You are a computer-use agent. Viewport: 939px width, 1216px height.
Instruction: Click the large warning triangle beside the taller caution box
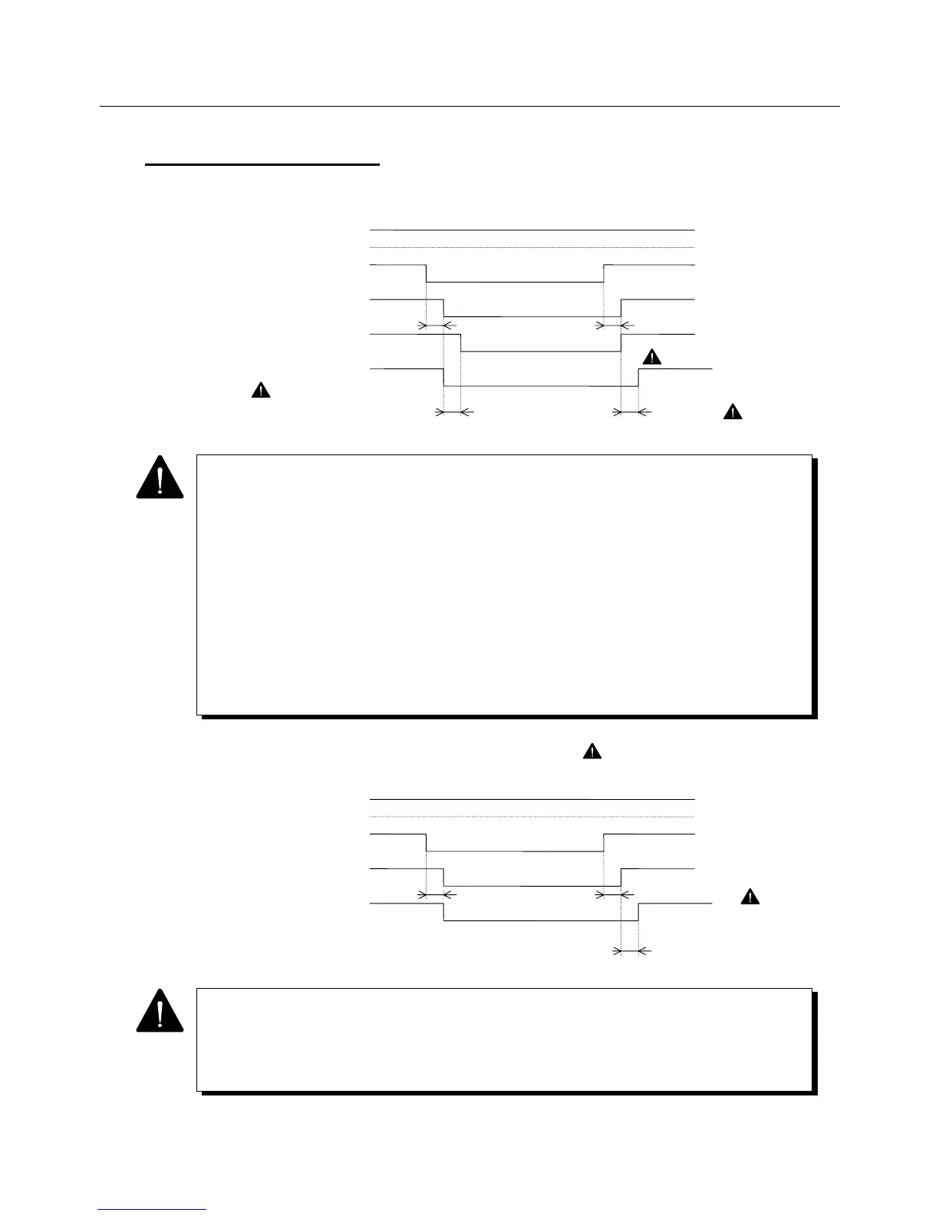(160, 477)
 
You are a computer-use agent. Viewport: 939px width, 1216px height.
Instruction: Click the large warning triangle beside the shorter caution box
(160, 1010)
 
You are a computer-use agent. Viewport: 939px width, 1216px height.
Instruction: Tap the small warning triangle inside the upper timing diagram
(651, 357)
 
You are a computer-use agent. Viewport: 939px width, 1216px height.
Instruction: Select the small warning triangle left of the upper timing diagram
(261, 391)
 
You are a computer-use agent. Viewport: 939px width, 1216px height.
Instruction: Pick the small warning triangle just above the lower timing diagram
(591, 752)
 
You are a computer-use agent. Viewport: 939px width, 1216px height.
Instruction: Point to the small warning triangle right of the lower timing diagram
(750, 897)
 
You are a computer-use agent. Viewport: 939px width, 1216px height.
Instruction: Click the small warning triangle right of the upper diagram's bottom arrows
(733, 412)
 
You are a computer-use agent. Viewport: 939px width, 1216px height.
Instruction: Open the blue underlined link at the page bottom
(152, 1209)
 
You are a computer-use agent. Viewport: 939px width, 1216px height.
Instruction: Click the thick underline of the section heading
(262, 164)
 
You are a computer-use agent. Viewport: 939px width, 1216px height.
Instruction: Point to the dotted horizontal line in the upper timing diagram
(532, 247)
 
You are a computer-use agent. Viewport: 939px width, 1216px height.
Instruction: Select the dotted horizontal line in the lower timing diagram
(532, 817)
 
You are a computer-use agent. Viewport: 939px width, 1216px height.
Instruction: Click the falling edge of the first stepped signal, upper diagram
(427, 273)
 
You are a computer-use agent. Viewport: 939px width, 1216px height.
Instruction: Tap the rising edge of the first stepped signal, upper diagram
(604, 273)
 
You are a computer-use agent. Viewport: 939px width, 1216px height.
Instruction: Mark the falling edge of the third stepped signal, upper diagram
(460, 342)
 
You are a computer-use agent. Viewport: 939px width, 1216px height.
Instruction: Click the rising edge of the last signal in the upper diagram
(639, 378)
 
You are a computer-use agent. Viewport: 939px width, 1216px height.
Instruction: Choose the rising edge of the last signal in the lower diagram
(639, 912)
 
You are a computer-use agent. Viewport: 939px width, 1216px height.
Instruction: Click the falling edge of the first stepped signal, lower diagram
(427, 842)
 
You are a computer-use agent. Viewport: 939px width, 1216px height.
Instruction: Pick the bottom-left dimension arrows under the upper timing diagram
(453, 412)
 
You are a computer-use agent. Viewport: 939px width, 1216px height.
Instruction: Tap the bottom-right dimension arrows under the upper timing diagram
(630, 412)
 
